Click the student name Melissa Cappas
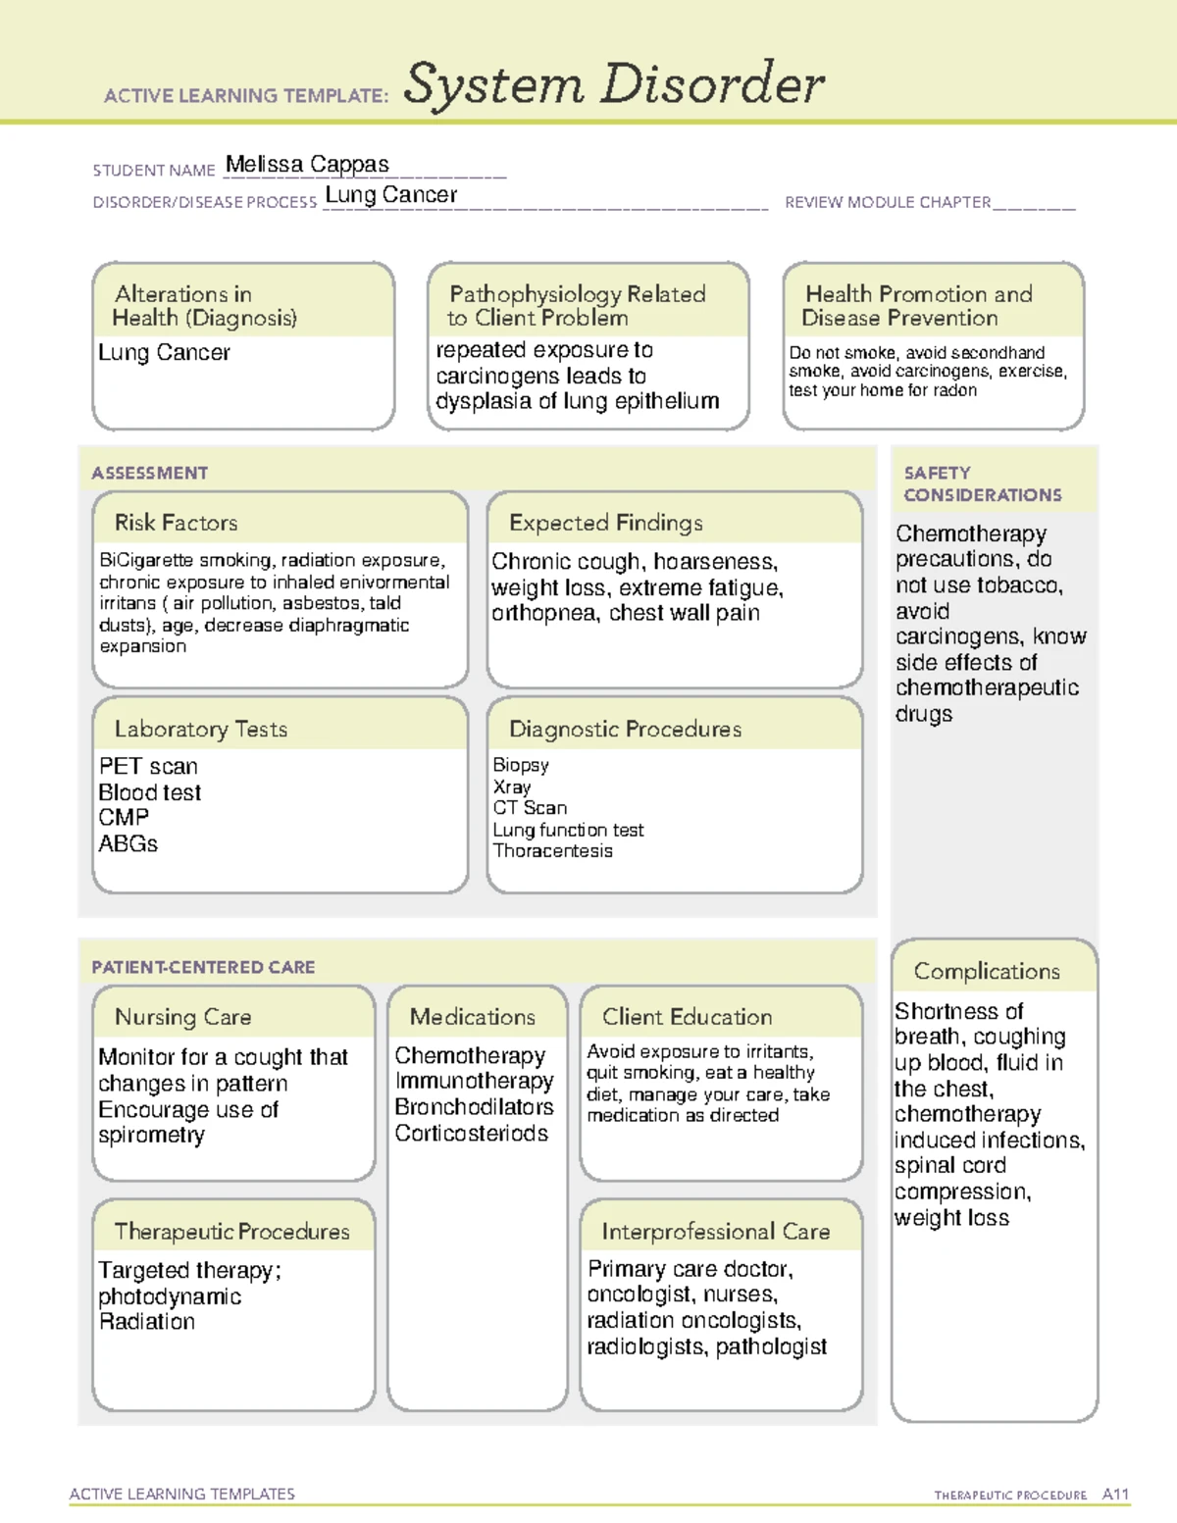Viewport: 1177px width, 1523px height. (307, 165)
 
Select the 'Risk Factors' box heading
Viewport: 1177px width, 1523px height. (177, 523)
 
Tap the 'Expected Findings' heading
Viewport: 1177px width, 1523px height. (606, 523)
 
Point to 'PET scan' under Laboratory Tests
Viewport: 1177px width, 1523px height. (148, 766)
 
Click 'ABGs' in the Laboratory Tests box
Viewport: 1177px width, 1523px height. (128, 843)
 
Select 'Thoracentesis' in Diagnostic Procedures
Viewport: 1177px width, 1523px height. (552, 851)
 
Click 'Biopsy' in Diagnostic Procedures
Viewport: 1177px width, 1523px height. (521, 765)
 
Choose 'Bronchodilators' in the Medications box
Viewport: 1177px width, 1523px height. (474, 1107)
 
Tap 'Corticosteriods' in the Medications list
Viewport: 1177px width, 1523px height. (472, 1134)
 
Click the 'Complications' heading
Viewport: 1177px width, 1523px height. (987, 971)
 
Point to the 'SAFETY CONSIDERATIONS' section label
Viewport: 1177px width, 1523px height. (982, 484)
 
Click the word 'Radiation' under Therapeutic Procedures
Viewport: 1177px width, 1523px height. (147, 1322)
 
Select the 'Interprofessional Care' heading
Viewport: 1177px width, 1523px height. (716, 1231)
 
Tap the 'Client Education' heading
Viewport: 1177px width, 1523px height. (688, 1017)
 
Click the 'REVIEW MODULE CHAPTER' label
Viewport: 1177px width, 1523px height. (888, 203)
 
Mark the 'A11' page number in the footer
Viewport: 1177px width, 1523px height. (1115, 1495)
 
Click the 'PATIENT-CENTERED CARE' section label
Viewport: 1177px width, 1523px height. (203, 967)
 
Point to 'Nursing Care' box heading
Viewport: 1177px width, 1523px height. (183, 1017)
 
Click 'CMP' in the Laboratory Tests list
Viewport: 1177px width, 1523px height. (124, 818)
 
